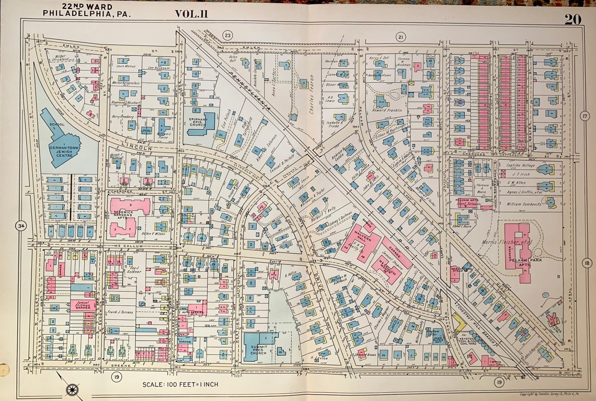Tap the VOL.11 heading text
[x=191, y=14]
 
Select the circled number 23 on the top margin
[x=227, y=36]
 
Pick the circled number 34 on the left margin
[x=20, y=226]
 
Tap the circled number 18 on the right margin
[x=587, y=263]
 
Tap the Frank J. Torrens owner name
[x=120, y=312]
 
